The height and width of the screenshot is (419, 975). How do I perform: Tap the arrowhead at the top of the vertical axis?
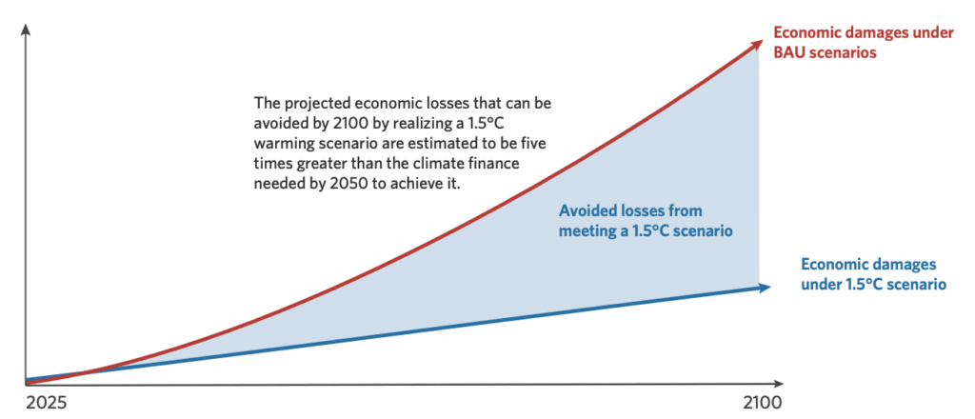click(28, 31)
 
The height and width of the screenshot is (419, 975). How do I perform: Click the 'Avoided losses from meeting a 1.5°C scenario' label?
click(645, 220)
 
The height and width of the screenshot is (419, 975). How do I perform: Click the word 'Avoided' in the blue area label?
click(587, 210)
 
